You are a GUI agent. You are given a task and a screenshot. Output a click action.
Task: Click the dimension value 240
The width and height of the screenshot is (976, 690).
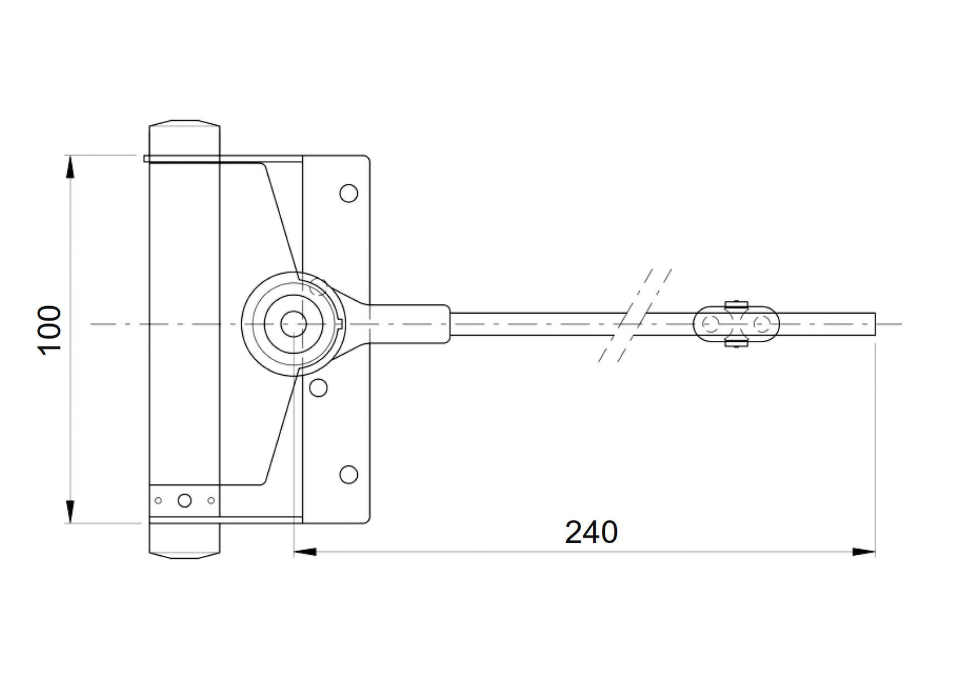coord(591,533)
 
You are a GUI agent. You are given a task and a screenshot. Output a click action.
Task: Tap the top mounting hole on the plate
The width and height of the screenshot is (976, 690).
coord(349,193)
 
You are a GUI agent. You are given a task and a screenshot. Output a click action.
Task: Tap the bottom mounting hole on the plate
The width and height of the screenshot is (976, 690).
coord(349,475)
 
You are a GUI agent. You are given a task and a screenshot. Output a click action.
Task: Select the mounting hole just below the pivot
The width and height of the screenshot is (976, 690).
coord(318,387)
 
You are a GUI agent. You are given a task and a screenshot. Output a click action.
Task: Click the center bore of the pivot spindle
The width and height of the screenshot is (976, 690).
coord(293,324)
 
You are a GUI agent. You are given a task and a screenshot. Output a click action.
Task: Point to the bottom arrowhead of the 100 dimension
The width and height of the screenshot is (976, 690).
coord(70,512)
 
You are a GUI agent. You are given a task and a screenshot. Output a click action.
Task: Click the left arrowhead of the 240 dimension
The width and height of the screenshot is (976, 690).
coord(305,551)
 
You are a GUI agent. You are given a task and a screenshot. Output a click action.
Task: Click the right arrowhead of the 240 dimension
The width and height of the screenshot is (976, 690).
coord(864,551)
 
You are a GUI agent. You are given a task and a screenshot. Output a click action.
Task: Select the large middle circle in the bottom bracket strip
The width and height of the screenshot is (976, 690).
coord(184,500)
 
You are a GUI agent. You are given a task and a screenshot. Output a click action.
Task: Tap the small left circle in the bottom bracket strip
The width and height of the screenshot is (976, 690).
coord(158,500)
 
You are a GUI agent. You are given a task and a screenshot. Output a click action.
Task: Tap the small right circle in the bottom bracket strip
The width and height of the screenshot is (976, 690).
coord(211,500)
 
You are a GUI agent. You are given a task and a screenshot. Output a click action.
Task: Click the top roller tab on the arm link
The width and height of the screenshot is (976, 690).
coord(735,304)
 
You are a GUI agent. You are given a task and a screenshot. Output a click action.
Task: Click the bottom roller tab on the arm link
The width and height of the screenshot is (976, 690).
coord(735,344)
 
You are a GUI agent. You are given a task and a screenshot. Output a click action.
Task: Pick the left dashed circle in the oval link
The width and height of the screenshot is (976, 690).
coord(710,324)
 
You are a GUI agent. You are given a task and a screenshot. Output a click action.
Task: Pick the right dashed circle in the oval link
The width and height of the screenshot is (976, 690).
coord(762,324)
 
